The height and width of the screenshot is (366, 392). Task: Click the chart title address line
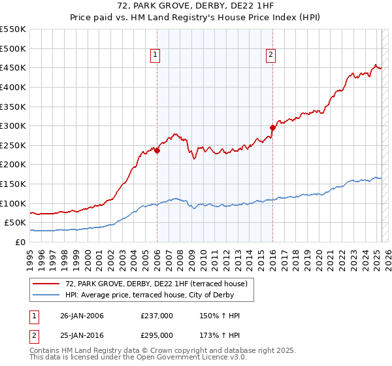[195, 7]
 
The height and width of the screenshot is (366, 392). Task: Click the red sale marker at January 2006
[157, 150]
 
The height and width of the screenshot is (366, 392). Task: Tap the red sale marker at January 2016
[272, 128]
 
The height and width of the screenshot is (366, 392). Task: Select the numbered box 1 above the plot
[155, 56]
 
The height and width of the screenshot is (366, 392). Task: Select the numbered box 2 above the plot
[270, 56]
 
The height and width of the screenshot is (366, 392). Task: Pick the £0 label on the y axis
[20, 242]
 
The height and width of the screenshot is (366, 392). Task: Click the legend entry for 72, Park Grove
[156, 284]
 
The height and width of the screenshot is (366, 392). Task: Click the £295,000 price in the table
[157, 335]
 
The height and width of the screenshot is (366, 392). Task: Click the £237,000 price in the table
[157, 316]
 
